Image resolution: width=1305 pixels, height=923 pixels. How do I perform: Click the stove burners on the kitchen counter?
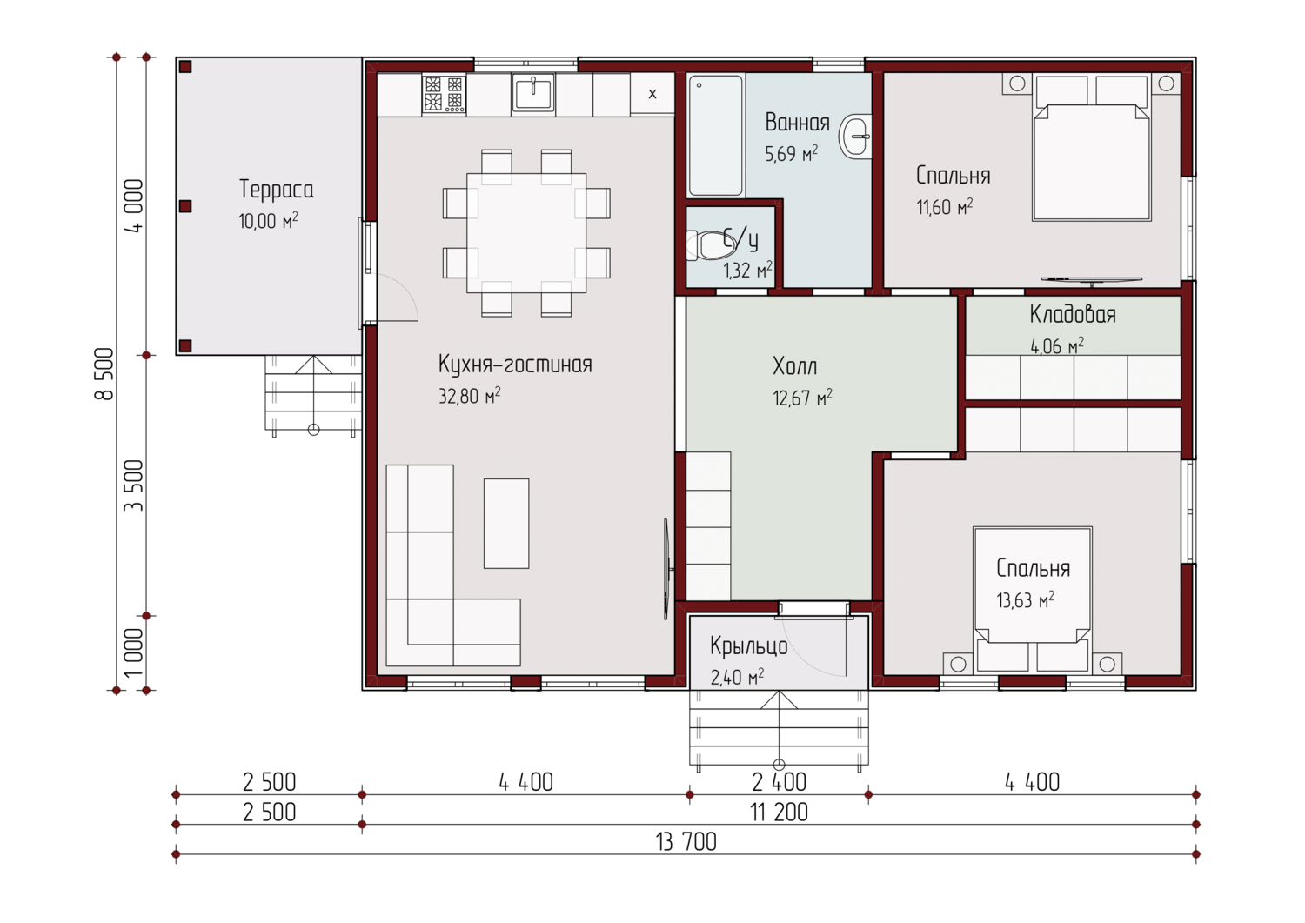(444, 93)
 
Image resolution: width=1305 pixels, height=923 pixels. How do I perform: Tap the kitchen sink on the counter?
(532, 91)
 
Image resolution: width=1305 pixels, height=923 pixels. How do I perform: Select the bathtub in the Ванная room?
(715, 135)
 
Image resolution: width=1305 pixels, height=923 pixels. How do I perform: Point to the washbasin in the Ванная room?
(854, 137)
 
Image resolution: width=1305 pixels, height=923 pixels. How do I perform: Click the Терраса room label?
(276, 190)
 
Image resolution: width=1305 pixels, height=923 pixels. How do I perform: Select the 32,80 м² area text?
(469, 396)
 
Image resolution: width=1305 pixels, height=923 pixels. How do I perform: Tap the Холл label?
(794, 366)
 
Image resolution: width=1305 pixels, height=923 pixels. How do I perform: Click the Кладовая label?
(1073, 315)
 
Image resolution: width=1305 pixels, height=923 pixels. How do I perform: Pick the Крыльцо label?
(748, 645)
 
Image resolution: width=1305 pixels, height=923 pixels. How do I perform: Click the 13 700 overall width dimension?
(686, 842)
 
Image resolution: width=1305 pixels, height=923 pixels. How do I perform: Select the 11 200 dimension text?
(779, 813)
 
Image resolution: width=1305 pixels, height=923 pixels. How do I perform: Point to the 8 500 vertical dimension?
(104, 373)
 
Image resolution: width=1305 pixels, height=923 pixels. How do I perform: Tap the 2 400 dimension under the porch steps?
(779, 782)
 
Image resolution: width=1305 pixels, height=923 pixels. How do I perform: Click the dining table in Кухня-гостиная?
(526, 233)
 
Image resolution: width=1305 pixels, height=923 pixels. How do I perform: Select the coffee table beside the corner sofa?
(506, 524)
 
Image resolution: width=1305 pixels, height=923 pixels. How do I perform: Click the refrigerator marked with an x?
(652, 94)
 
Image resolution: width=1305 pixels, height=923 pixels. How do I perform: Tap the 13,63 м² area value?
(1026, 600)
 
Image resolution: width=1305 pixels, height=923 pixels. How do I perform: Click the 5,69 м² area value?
(791, 154)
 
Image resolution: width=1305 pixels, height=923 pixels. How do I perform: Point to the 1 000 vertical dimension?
(133, 652)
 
